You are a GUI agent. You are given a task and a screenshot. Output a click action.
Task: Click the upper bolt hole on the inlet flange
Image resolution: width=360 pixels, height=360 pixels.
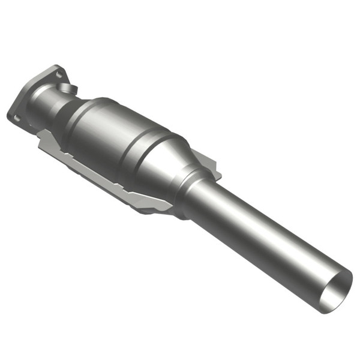58,74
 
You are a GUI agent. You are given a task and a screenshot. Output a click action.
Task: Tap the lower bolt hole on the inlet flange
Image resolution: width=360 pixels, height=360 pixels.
17,118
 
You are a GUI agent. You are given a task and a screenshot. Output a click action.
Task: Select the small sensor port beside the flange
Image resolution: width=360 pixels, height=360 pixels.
70,89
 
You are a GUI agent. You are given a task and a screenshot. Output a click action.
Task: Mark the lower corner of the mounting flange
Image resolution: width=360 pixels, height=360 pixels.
13,120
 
